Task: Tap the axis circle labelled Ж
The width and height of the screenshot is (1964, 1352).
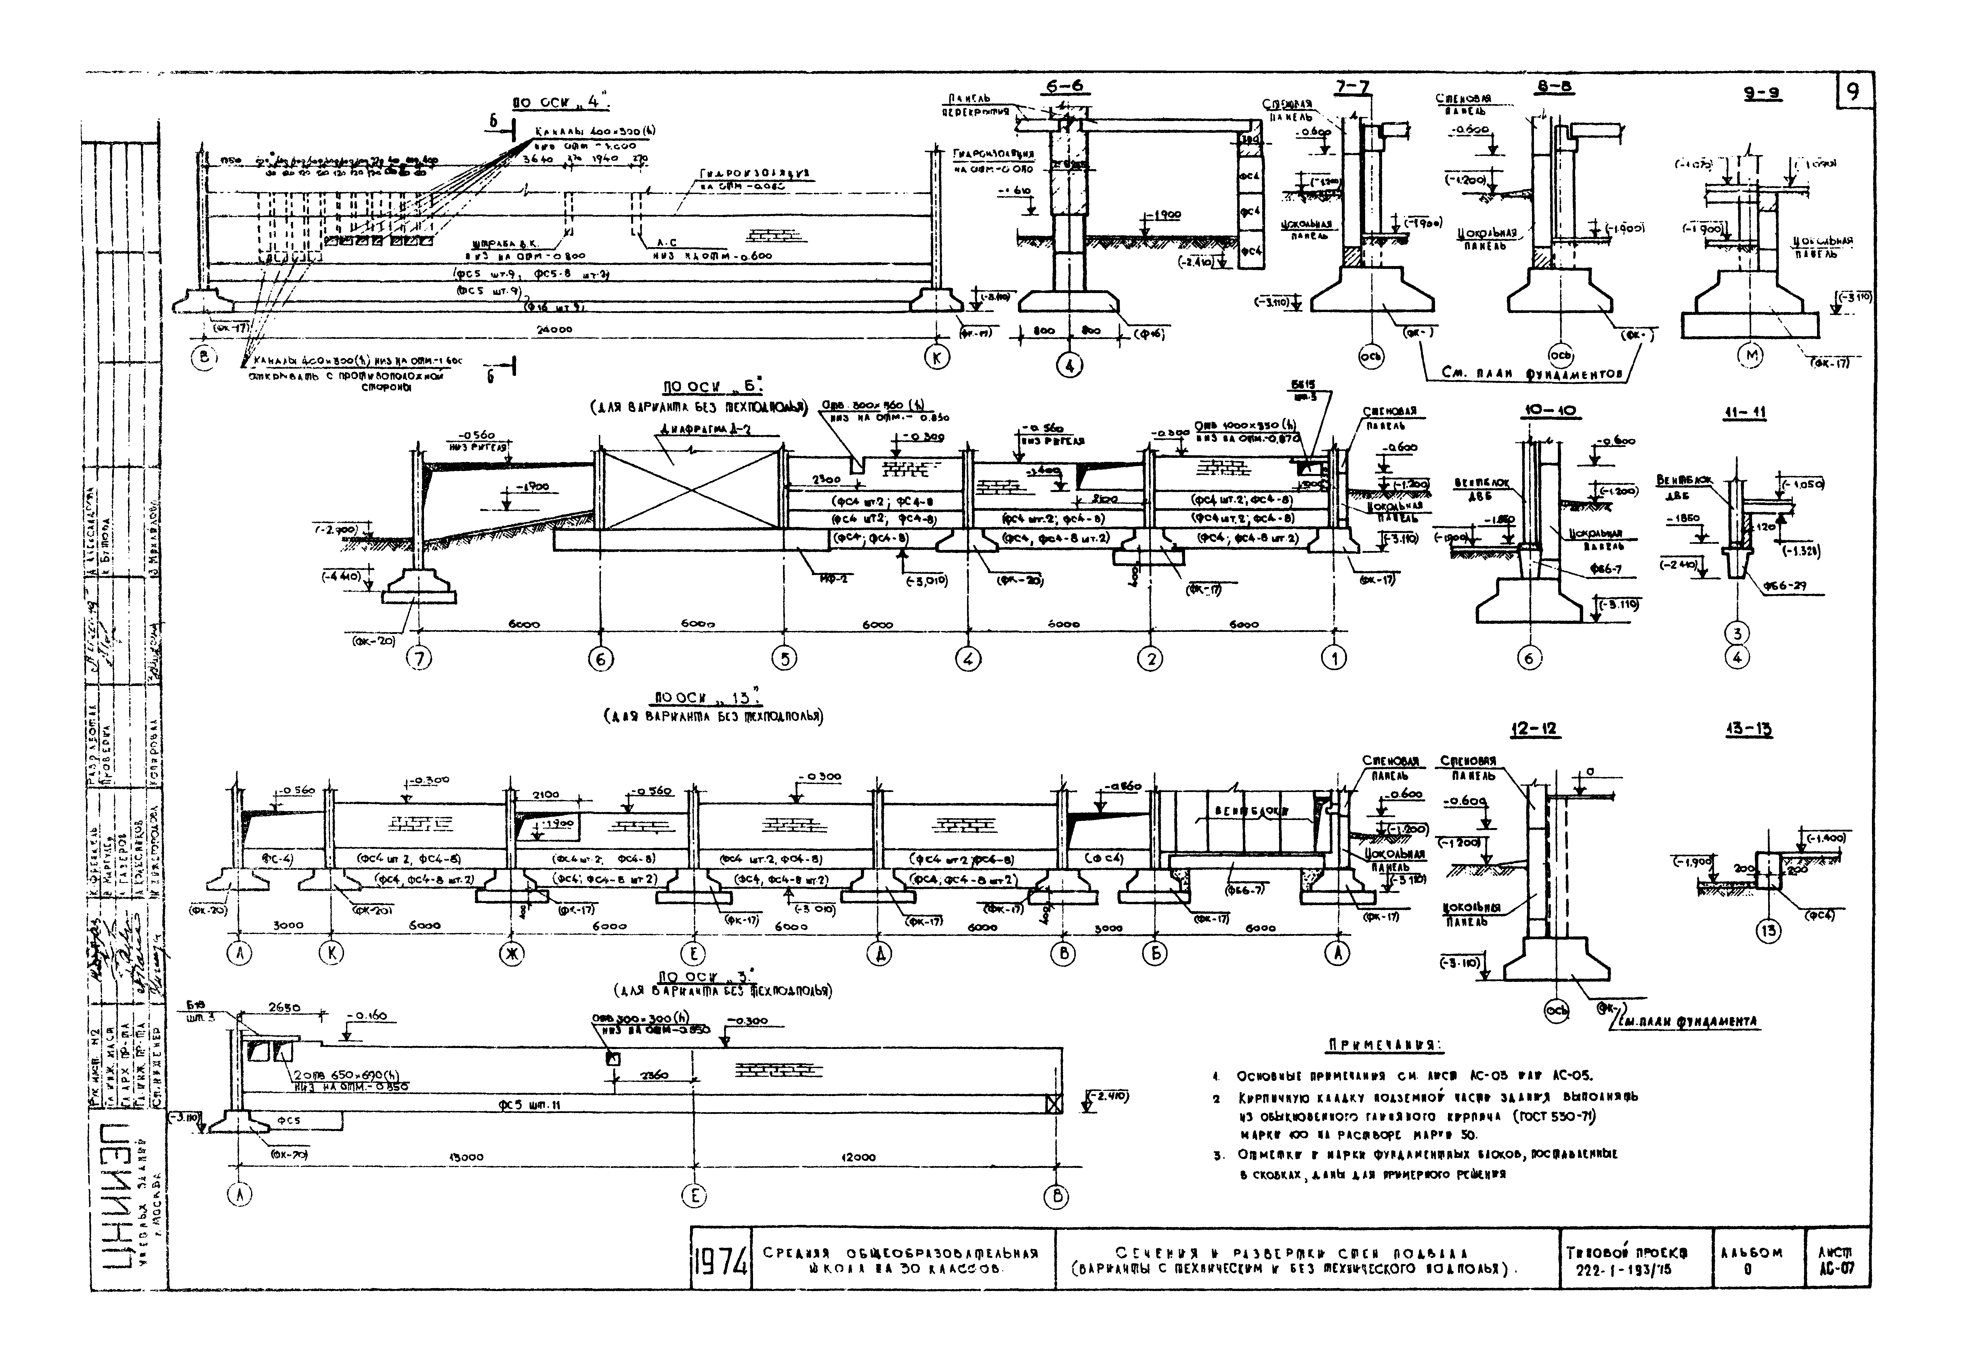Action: (x=511, y=954)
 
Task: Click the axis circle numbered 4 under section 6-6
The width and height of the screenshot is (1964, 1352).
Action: (x=1070, y=366)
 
